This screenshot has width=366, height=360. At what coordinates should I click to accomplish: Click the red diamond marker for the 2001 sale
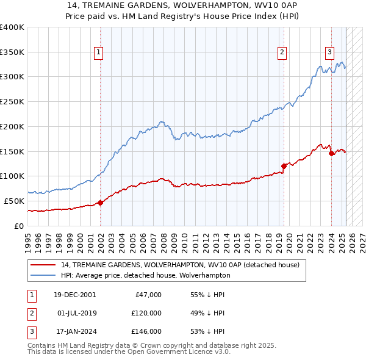[100, 203]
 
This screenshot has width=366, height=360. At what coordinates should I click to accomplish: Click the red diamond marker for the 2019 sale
[284, 165]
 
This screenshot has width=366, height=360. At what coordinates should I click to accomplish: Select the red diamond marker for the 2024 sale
[331, 153]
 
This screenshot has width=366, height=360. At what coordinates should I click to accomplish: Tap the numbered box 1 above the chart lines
[99, 52]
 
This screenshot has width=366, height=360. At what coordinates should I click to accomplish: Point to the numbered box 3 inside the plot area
[329, 52]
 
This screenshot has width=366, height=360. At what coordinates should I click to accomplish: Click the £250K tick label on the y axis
[12, 101]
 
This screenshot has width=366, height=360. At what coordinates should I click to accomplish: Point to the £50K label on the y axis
[14, 201]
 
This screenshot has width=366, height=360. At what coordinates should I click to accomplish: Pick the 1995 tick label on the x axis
[27, 242]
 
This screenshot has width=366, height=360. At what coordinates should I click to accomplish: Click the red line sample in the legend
[43, 265]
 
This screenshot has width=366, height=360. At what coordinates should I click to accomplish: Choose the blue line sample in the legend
[43, 275]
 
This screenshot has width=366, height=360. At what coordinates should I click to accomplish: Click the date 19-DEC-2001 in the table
[74, 294]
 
